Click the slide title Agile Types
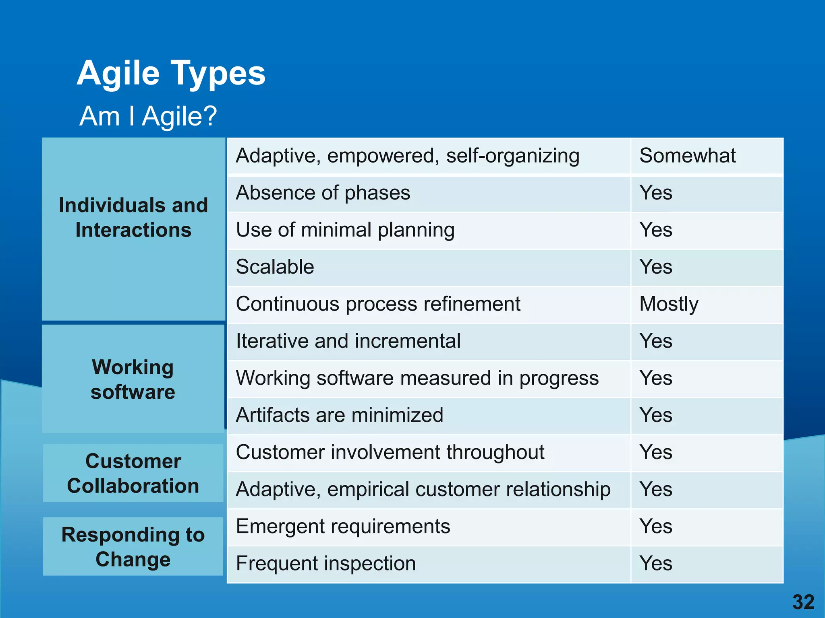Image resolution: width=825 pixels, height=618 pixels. (x=171, y=73)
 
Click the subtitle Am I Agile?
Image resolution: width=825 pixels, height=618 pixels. (x=148, y=116)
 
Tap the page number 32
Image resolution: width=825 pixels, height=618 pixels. (x=803, y=602)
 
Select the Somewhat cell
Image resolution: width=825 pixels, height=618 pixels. (x=687, y=156)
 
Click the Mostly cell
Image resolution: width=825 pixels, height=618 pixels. (x=669, y=304)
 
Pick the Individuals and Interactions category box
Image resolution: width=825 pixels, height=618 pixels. (x=133, y=218)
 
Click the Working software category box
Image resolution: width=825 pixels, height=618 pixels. (x=133, y=379)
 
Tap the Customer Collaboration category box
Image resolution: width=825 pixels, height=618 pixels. (x=133, y=473)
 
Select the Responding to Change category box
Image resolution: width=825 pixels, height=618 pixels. (x=133, y=547)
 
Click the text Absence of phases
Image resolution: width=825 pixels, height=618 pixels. (x=323, y=193)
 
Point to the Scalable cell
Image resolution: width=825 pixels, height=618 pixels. (x=275, y=267)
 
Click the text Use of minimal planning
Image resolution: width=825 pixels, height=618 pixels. (x=345, y=230)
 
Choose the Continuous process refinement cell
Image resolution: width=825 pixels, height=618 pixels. (x=378, y=304)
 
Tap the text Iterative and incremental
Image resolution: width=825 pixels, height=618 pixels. (x=348, y=341)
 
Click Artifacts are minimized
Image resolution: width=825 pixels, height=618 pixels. (x=339, y=415)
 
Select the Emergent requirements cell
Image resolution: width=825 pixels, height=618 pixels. (x=343, y=526)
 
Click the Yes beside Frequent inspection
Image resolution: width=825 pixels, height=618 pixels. (x=656, y=563)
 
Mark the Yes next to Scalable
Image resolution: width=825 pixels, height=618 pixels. (x=656, y=267)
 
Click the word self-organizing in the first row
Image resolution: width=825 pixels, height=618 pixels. (x=512, y=156)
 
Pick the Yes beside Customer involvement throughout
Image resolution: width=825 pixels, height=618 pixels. (x=656, y=452)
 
